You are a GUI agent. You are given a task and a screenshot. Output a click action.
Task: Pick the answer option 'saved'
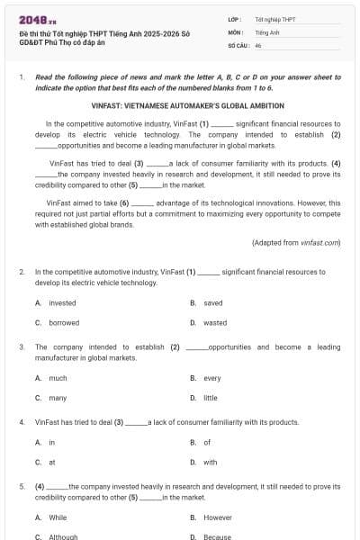click(x=212, y=303)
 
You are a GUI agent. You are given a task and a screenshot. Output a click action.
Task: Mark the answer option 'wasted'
click(x=215, y=322)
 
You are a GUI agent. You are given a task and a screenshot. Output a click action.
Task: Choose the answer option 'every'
click(x=212, y=378)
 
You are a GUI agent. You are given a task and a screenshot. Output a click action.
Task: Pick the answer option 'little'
click(x=211, y=397)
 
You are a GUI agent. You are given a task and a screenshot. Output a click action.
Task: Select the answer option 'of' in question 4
click(x=207, y=442)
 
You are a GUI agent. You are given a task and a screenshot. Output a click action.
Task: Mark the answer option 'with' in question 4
click(x=211, y=462)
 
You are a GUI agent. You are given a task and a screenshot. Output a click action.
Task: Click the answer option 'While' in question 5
click(x=58, y=517)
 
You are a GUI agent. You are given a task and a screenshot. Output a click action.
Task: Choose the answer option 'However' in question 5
click(x=218, y=517)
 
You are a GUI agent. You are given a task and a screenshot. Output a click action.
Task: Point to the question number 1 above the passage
click(x=22, y=77)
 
